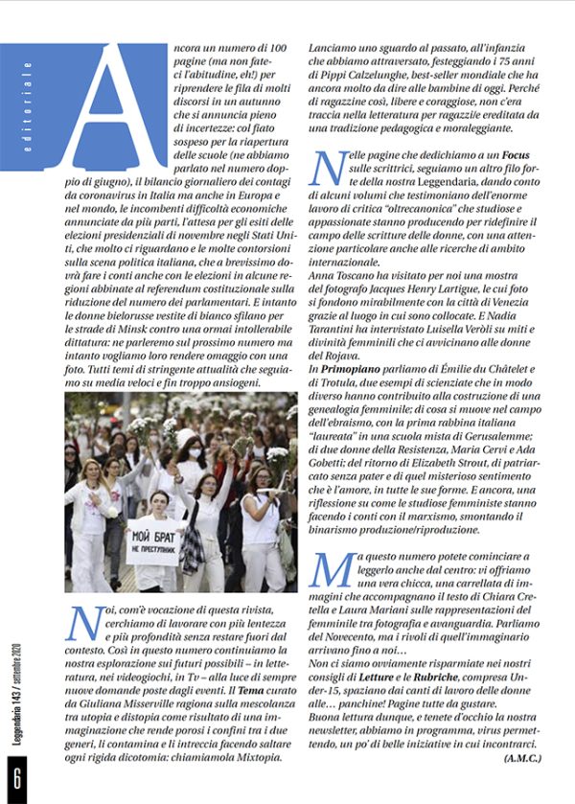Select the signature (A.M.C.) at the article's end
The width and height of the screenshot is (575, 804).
pyautogui.click(x=521, y=757)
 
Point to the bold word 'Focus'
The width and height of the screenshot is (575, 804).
pyautogui.click(x=495, y=154)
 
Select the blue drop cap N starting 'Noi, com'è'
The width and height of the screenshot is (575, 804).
pyautogui.click(x=84, y=624)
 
